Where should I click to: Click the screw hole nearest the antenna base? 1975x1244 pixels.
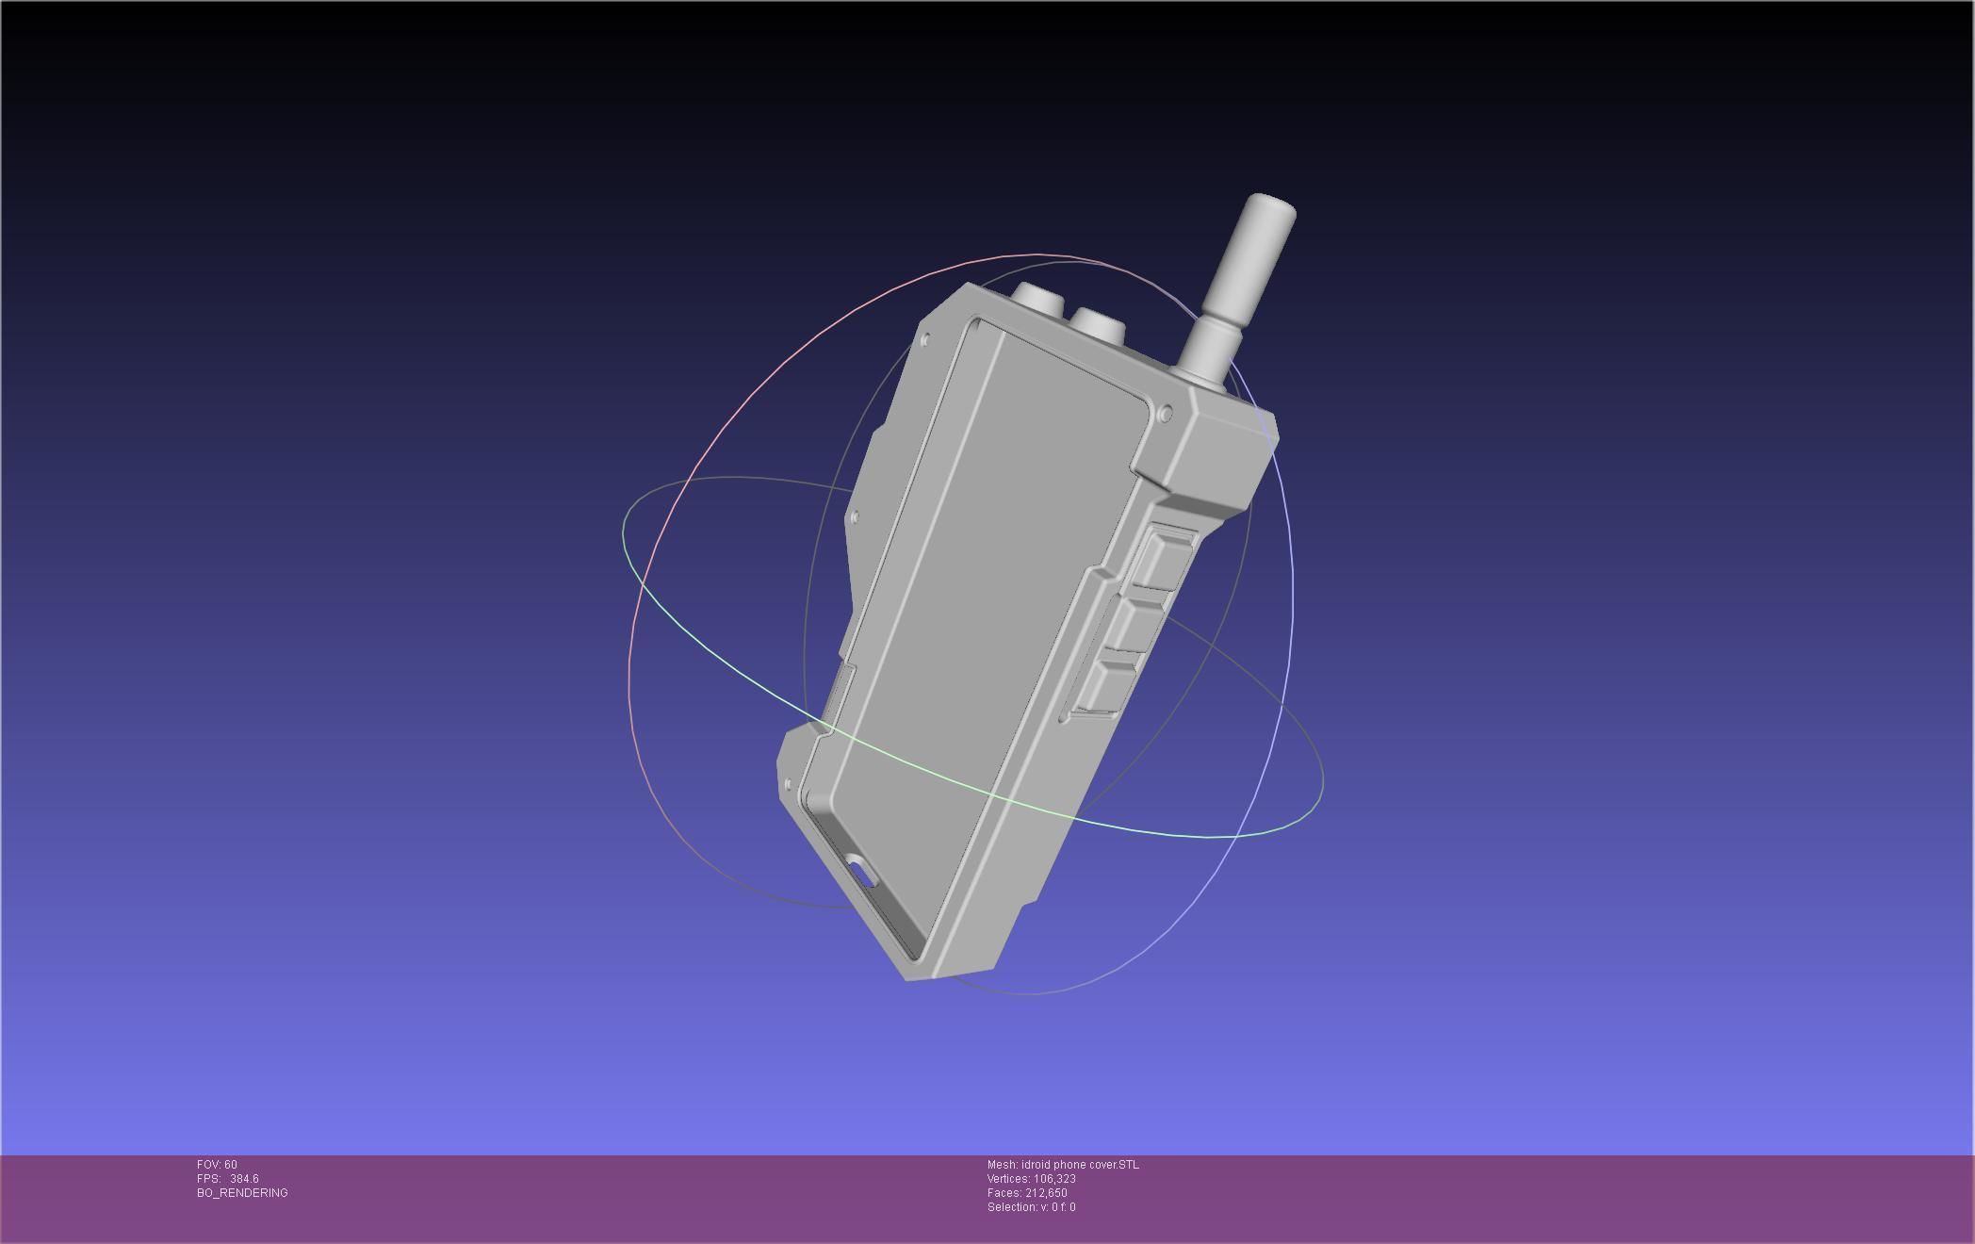[1166, 414]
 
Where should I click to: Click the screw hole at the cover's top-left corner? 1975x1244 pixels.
[925, 339]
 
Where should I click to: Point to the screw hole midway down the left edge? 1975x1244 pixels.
[854, 516]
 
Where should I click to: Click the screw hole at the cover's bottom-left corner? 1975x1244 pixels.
[789, 784]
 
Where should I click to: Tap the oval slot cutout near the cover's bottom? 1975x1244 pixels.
[861, 872]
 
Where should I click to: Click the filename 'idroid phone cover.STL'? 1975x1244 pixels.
[1079, 1165]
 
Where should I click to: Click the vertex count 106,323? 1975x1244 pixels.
[1054, 1179]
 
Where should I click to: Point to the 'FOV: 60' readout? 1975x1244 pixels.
[217, 1165]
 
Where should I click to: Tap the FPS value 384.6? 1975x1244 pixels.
[244, 1179]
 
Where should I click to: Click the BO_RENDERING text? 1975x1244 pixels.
[242, 1193]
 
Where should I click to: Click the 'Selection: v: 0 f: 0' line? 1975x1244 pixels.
[1031, 1207]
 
